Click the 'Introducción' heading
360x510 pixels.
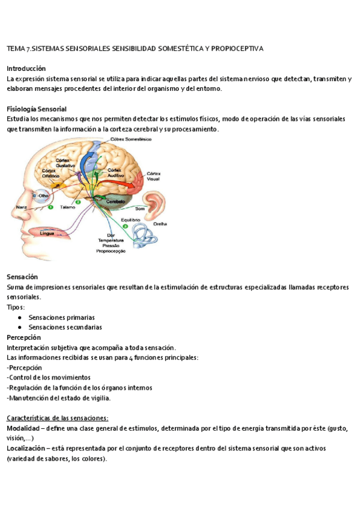26,69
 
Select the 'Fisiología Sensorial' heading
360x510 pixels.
36,109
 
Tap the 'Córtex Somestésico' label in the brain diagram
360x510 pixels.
131,139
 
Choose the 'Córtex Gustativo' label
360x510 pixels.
65,162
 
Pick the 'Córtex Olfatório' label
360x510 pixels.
52,173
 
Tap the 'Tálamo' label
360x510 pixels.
67,207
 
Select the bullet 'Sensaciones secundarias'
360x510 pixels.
65,327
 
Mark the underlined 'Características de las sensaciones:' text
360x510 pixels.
57,418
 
